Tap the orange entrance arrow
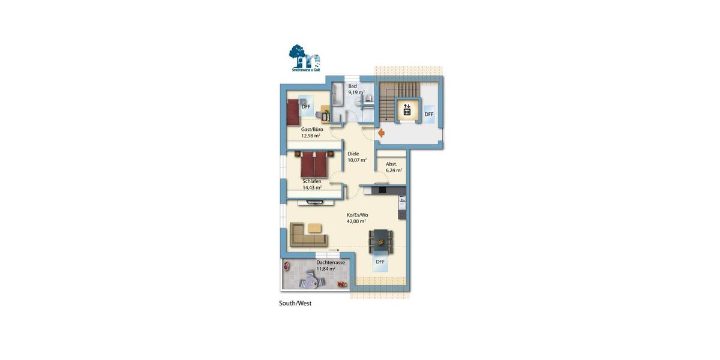(x=381, y=133)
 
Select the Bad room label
(x=352, y=86)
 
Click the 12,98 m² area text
(x=311, y=136)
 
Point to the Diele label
(x=353, y=154)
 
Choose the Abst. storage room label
(x=391, y=164)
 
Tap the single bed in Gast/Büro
(x=292, y=111)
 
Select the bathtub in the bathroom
(x=337, y=102)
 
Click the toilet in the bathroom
(x=368, y=100)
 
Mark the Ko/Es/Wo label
(x=358, y=215)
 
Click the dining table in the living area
(x=381, y=241)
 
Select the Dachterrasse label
(x=331, y=263)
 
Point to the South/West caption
(x=295, y=304)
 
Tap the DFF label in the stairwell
(x=429, y=114)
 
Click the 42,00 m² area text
(x=356, y=221)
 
